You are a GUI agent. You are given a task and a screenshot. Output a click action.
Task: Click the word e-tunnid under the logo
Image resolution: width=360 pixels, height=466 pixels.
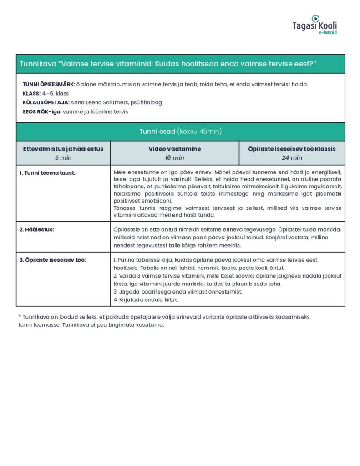pyautogui.click(x=327, y=33)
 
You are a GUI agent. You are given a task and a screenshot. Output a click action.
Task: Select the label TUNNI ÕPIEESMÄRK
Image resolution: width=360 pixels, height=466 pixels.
pyautogui.click(x=49, y=85)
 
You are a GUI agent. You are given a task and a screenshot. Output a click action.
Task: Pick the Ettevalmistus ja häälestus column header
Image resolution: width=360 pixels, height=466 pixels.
pyautogui.click(x=63, y=149)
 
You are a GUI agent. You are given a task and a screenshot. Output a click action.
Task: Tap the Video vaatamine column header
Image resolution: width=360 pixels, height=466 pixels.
pyautogui.click(x=174, y=149)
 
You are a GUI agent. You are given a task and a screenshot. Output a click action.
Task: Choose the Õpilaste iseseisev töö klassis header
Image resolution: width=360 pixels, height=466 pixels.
pyautogui.click(x=292, y=149)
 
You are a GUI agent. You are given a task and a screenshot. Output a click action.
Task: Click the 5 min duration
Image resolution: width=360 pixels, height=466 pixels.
pyautogui.click(x=63, y=158)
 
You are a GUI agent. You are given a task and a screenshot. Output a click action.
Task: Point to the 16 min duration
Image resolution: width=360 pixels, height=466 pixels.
pyautogui.click(x=174, y=158)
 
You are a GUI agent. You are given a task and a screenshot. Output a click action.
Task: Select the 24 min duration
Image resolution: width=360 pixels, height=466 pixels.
pyautogui.click(x=292, y=158)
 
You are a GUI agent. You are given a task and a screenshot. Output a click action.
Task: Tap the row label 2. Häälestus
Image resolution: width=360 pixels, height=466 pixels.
pyautogui.click(x=37, y=229)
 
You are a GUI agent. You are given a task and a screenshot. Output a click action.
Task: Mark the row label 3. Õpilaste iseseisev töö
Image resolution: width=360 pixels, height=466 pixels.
pyautogui.click(x=53, y=260)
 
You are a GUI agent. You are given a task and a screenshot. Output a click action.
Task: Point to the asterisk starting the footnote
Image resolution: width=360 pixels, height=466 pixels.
pyautogui.click(x=20, y=317)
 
